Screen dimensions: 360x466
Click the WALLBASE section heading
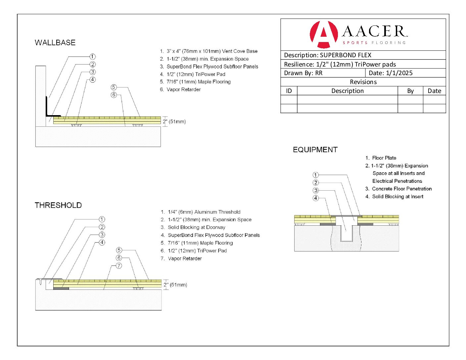click(x=55, y=43)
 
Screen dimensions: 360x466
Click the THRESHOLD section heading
click(x=58, y=205)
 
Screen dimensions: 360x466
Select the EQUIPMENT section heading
click(x=315, y=150)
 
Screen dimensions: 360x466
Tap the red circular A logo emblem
click(x=323, y=34)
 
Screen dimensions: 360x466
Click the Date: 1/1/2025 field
click(x=391, y=73)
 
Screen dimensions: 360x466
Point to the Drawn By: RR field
click(x=303, y=73)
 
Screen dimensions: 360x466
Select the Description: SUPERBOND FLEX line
click(x=328, y=55)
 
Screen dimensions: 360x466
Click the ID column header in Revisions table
click(x=289, y=91)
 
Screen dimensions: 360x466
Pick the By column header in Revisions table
click(x=410, y=91)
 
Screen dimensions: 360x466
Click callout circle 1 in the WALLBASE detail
click(x=93, y=57)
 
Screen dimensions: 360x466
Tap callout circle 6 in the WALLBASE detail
click(x=114, y=95)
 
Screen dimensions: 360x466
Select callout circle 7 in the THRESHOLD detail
click(x=119, y=266)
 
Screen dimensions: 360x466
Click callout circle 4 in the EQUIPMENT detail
click(x=316, y=198)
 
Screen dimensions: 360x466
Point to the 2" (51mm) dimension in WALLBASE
click(x=174, y=121)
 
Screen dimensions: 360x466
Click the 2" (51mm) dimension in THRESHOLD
click(x=175, y=285)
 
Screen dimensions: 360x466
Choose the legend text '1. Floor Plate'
click(x=381, y=158)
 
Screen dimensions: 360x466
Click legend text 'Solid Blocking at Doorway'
click(x=196, y=227)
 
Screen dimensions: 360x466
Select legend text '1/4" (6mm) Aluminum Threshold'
click(x=204, y=212)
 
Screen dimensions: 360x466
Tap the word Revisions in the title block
click(x=363, y=82)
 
